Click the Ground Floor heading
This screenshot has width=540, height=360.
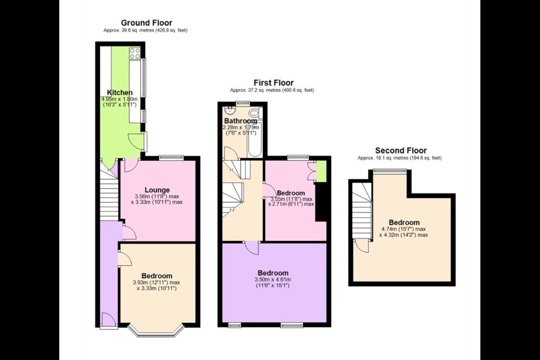pyautogui.click(x=146, y=23)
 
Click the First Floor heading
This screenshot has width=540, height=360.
pyautogui.click(x=273, y=83)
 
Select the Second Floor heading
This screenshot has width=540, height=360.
pyautogui.click(x=401, y=151)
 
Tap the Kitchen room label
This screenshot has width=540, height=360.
pyautogui.click(x=120, y=93)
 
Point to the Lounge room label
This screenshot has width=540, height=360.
pyautogui.click(x=157, y=190)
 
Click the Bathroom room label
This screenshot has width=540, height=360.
pyautogui.click(x=240, y=121)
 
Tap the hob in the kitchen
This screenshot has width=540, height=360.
pyautogui.click(x=135, y=54)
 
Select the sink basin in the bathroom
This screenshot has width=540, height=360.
pyautogui.click(x=229, y=111)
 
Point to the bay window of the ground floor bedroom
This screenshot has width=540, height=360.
pyautogui.click(x=156, y=330)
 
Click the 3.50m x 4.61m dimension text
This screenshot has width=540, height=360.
pyautogui.click(x=273, y=279)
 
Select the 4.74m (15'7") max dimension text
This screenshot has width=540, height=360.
pyautogui.click(x=403, y=229)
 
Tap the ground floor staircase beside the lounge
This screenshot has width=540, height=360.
pyautogui.click(x=109, y=197)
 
